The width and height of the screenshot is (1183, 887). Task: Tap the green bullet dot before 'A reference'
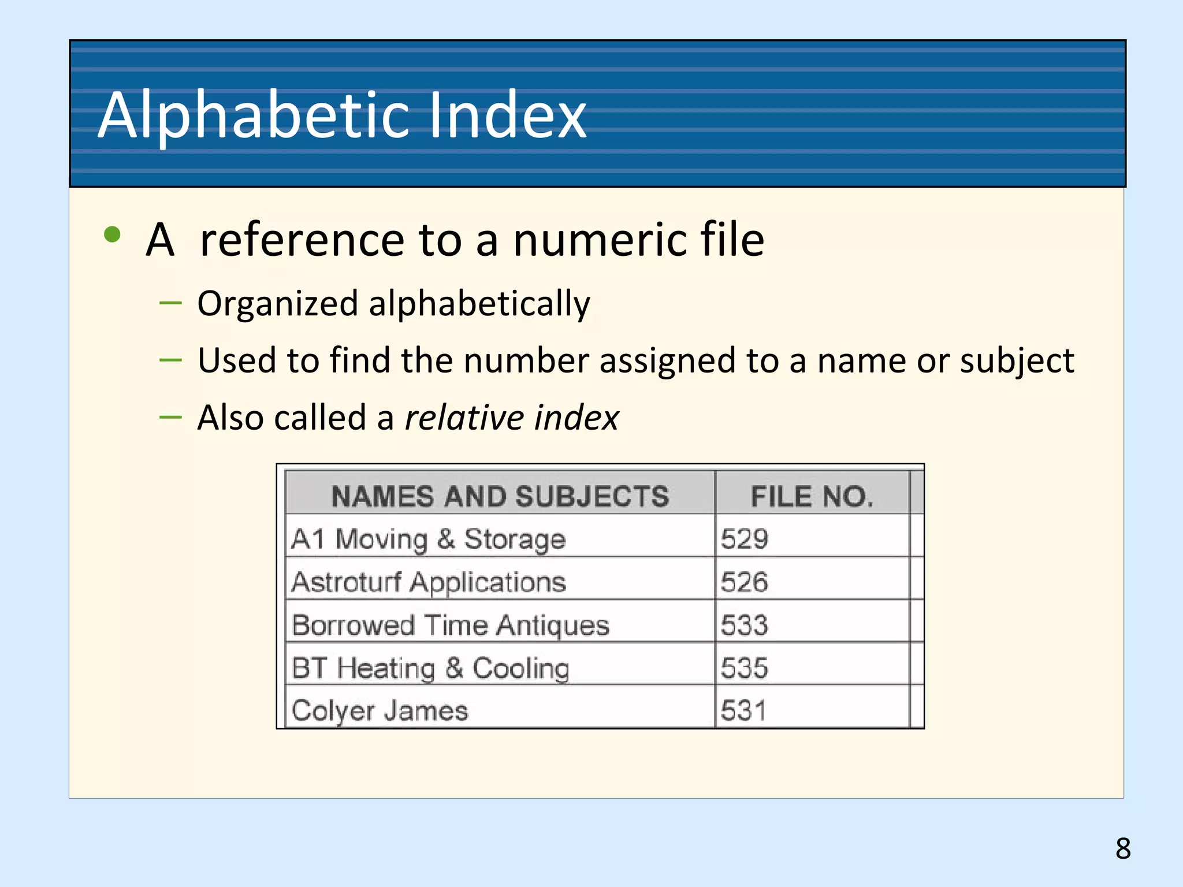(x=112, y=234)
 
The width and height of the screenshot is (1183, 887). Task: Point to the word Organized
(x=277, y=304)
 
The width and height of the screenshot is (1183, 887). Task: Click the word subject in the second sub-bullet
(x=1017, y=361)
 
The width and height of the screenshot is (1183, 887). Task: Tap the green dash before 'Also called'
(x=170, y=416)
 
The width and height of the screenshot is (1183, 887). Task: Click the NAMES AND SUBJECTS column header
(x=500, y=496)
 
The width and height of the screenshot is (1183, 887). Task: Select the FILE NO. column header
(x=812, y=496)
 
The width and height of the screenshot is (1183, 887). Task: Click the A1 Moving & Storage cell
(x=428, y=539)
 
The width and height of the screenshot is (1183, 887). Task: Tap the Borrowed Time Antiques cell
(x=451, y=625)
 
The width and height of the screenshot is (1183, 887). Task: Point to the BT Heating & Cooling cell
(x=430, y=668)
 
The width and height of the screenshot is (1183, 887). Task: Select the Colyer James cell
(x=380, y=710)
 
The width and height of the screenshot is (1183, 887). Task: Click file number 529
(x=744, y=539)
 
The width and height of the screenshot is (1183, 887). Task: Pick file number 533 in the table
(x=744, y=625)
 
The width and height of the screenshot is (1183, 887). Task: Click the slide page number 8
(x=1123, y=848)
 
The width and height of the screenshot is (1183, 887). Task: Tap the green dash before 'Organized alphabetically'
(x=170, y=302)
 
